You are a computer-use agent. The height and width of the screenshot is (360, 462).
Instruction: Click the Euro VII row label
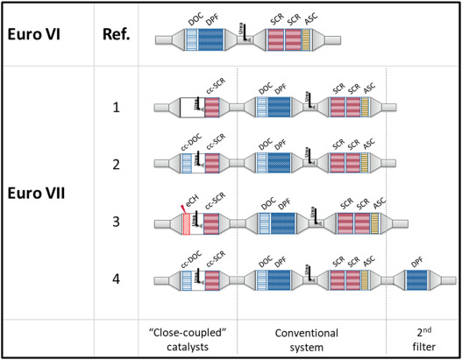click(x=39, y=192)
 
